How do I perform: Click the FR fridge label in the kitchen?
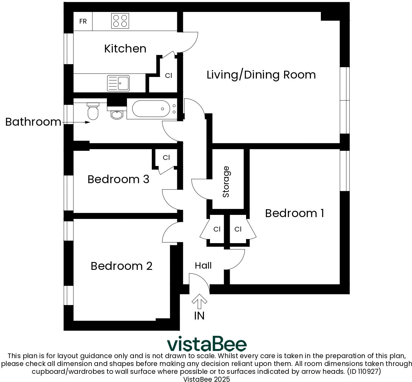coord(83,21)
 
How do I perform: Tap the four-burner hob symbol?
coord(120,21)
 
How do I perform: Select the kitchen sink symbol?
coord(118,83)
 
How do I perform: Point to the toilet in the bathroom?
coord(93,111)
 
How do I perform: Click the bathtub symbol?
coord(152,109)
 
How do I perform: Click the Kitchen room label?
coord(125,49)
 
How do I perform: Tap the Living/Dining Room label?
coord(261,75)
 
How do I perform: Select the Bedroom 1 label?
coord(294,213)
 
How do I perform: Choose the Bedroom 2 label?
coord(122,266)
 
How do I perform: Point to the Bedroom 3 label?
coord(118,179)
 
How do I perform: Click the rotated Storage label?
coord(226,182)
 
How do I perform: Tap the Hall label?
coord(203,266)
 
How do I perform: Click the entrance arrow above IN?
coord(199,301)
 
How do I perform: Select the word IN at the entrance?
coord(199,316)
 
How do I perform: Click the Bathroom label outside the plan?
coord(33,122)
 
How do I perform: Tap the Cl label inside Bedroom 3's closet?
coord(166,158)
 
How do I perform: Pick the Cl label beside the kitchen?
coord(168,75)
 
